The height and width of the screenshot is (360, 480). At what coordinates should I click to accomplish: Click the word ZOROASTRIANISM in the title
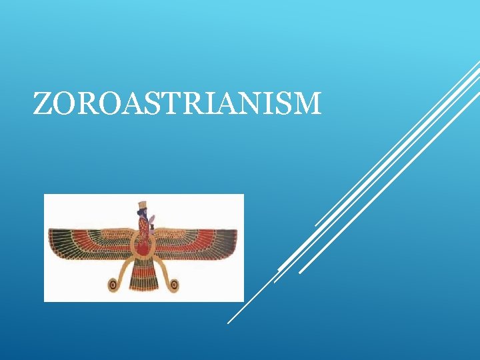(x=177, y=104)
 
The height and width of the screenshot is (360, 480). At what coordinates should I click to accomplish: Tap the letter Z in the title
(x=42, y=104)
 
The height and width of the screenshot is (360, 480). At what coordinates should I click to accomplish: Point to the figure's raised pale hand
(x=153, y=218)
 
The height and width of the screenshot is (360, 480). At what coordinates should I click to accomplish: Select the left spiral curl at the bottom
(x=113, y=285)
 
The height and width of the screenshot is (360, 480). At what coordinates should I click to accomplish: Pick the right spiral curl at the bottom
(x=174, y=285)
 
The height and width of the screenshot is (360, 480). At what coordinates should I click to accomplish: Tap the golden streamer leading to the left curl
(x=123, y=270)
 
